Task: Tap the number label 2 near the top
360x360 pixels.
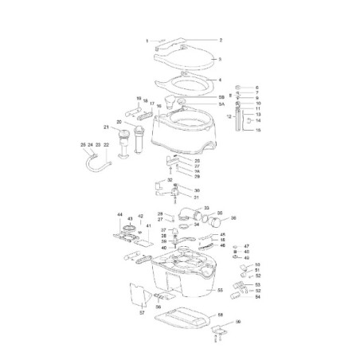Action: click(x=220, y=40)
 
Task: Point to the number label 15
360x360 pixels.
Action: click(x=256, y=129)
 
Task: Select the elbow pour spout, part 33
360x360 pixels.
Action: click(x=193, y=213)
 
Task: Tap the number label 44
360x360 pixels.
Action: click(x=120, y=215)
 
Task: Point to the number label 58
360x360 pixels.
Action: click(x=220, y=315)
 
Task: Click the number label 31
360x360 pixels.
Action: click(x=197, y=198)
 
